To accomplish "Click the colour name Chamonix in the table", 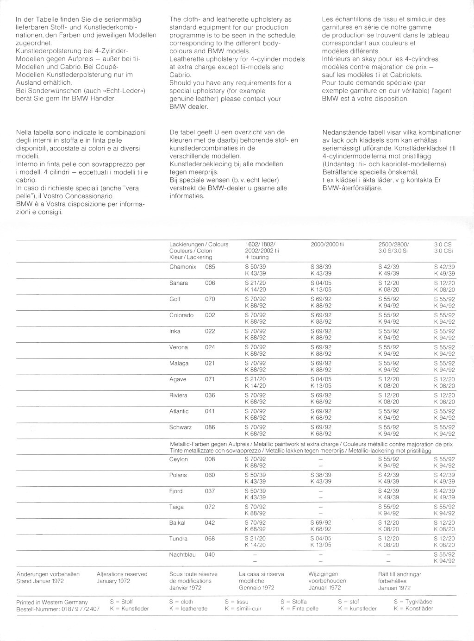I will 183,267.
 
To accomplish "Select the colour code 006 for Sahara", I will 210,283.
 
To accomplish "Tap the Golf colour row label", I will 175,299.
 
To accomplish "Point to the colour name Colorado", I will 181,315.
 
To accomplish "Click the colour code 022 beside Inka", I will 210,331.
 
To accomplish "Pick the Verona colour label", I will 179,347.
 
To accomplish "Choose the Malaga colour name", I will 179,364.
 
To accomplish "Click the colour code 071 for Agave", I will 210,379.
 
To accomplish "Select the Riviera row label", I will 179,396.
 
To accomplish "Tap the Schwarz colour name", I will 181,427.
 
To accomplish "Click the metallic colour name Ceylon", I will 179,459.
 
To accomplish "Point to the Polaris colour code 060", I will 210,475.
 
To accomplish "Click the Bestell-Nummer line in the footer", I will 58,609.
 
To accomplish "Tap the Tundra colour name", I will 179,539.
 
